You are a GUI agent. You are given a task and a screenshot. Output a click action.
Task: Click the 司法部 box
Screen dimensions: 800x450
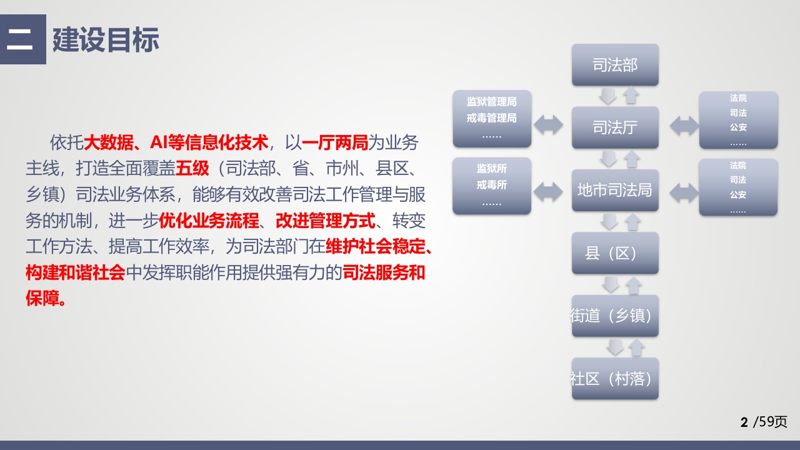click(615, 64)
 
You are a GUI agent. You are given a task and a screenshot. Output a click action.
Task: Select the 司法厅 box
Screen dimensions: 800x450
click(615, 127)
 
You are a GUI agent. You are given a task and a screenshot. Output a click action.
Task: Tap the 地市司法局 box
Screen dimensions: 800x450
click(615, 190)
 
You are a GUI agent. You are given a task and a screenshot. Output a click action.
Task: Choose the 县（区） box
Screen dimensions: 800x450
click(615, 253)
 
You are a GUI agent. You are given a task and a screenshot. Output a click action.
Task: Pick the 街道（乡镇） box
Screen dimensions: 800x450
click(615, 316)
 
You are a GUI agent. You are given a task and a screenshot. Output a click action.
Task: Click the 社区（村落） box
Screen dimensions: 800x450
click(615, 379)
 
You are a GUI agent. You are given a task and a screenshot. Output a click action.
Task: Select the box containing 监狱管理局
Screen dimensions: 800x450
click(492, 119)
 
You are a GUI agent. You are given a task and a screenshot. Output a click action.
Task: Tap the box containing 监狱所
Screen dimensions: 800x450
click(492, 186)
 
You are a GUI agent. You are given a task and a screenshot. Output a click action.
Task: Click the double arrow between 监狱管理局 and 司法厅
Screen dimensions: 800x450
click(548, 124)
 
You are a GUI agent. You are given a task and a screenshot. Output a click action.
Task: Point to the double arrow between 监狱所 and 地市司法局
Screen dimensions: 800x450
click(548, 192)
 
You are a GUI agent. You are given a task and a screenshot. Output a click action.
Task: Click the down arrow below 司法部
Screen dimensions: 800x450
click(607, 96)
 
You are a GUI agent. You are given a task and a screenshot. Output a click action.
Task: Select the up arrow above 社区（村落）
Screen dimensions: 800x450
click(636, 347)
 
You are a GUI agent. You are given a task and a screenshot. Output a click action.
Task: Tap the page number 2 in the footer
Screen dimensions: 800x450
click(744, 422)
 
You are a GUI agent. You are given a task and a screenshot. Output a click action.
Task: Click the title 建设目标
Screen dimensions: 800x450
click(106, 39)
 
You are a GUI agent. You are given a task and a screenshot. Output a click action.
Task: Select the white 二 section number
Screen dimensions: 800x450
click(19, 39)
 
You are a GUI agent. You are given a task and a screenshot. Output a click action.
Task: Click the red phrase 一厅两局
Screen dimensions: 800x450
click(335, 142)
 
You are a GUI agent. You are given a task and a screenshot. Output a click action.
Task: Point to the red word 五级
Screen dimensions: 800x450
click(192, 168)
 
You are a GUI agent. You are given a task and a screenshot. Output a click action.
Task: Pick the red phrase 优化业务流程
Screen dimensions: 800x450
click(209, 221)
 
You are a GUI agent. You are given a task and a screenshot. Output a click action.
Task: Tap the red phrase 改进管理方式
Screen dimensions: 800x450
click(326, 221)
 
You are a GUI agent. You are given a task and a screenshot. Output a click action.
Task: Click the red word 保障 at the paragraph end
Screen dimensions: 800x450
click(42, 298)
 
